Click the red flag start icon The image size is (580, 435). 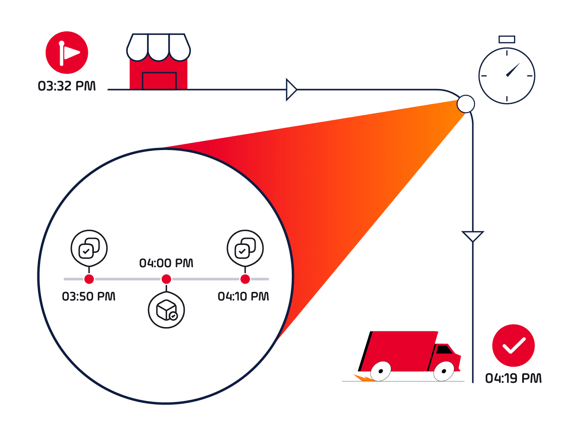[67, 53]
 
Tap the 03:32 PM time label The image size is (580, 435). [67, 86]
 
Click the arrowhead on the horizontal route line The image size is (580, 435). [291, 90]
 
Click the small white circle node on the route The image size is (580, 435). [466, 104]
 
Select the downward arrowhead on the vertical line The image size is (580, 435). [473, 236]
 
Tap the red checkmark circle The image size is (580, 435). [513, 345]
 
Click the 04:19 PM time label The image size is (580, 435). [513, 378]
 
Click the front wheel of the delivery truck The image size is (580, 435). [444, 371]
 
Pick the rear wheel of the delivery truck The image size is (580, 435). [381, 371]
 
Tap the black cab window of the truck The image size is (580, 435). [444, 349]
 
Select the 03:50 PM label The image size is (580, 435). [89, 297]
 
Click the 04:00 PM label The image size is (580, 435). [166, 263]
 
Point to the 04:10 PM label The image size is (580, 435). [243, 297]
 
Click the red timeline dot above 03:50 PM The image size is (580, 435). [89, 279]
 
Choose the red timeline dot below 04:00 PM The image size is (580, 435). [166, 279]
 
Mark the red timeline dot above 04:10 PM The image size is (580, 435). [245, 279]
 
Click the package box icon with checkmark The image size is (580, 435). [167, 310]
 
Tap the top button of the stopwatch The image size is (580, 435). [507, 40]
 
